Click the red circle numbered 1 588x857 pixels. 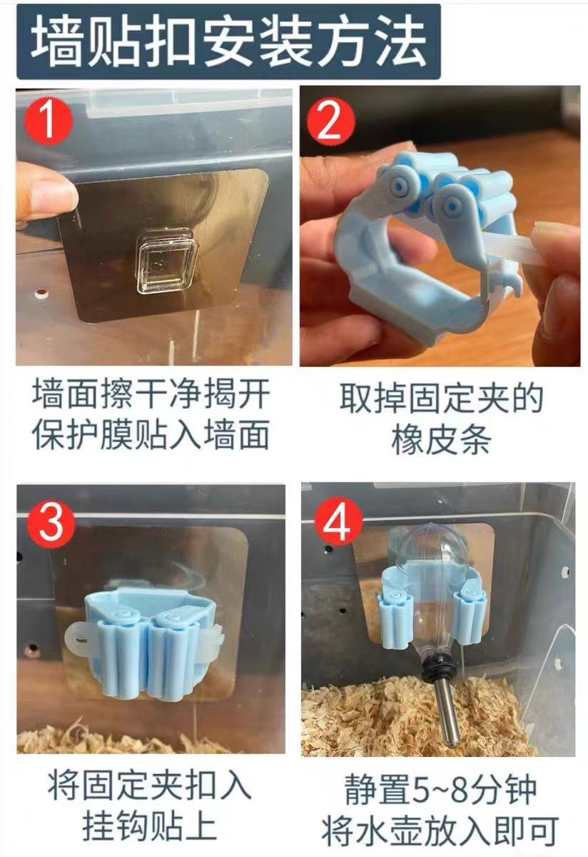click(x=49, y=121)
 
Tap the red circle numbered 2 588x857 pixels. click(x=331, y=123)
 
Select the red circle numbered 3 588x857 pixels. click(x=51, y=521)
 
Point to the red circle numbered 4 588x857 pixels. click(x=338, y=521)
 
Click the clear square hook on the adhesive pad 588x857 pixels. click(x=168, y=261)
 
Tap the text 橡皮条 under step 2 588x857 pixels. click(x=441, y=440)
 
